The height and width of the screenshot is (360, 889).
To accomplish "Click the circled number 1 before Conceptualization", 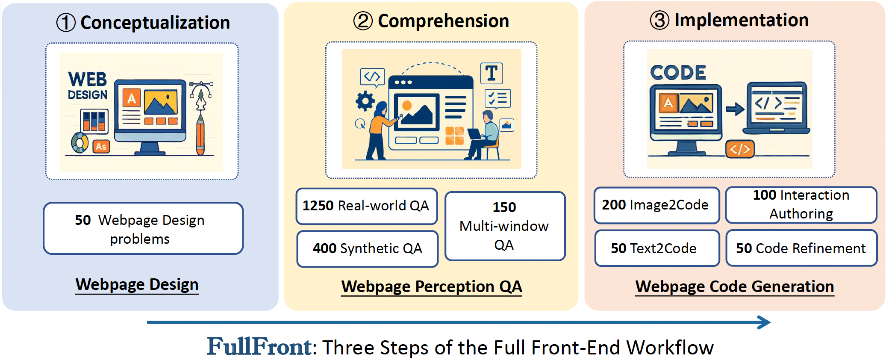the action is (66, 23).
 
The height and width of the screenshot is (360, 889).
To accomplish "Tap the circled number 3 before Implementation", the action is (659, 20).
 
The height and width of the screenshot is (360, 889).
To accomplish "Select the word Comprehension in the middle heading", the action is (444, 21).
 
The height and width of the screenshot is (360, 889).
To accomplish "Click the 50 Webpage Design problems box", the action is (143, 229).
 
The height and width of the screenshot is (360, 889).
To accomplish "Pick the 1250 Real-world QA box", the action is (367, 206).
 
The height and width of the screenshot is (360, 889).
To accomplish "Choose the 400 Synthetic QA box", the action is (368, 249).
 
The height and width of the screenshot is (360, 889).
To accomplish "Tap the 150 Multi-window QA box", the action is (505, 226).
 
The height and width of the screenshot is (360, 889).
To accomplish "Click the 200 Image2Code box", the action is (656, 205).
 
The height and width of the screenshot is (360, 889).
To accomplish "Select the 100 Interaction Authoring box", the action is (801, 205).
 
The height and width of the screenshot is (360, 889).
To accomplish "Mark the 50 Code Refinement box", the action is (801, 248).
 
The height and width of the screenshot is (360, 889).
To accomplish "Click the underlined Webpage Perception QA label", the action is (432, 287).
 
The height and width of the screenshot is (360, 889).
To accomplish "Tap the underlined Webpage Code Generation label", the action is (735, 287).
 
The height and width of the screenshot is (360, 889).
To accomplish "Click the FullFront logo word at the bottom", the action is (259, 347).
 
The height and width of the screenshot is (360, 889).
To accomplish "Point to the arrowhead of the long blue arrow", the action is (765, 322).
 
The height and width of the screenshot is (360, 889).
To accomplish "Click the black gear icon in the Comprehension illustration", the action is (365, 101).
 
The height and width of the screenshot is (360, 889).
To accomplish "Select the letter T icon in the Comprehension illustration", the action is (492, 73).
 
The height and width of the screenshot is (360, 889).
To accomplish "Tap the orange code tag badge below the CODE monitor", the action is (740, 149).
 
